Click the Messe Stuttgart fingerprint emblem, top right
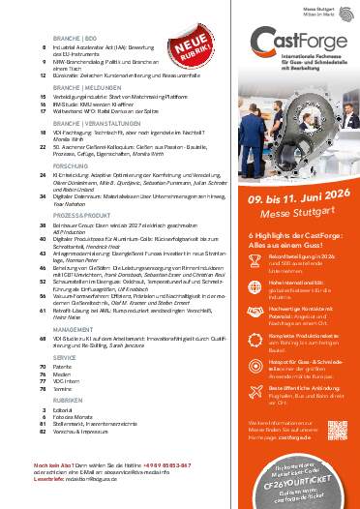click(342, 11)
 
